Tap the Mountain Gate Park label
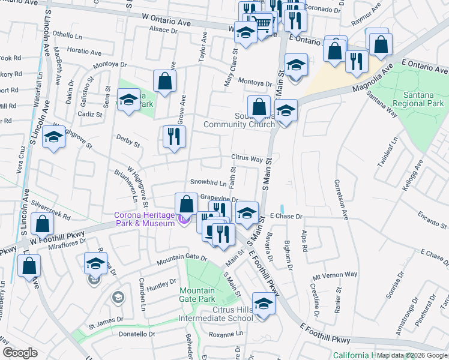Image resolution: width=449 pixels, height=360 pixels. (x=197, y=295)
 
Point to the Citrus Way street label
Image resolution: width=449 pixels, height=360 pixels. (x=247, y=159)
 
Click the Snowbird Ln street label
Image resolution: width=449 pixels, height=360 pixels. (x=208, y=182)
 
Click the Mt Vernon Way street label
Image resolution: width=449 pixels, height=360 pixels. (x=334, y=275)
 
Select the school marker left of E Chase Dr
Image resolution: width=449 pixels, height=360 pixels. (x=246, y=212)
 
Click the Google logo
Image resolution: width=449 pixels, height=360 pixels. (x=20, y=353)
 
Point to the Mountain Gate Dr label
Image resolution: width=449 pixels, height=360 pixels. (x=182, y=259)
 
